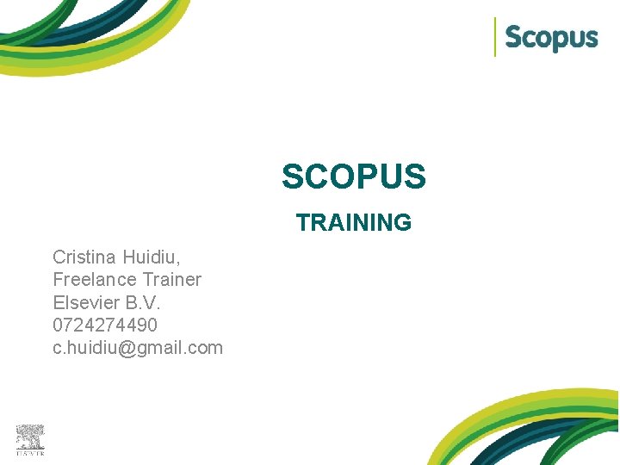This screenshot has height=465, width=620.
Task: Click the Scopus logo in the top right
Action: coord(550,38)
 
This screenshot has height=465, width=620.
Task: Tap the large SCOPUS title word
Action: coord(353,177)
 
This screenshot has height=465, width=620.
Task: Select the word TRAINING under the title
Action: coord(353,223)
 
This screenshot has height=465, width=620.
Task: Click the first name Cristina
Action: coord(84,257)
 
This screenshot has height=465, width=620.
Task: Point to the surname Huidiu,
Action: coord(152,257)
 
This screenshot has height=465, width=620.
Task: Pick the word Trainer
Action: coord(172,280)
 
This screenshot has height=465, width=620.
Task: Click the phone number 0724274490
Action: coord(105,325)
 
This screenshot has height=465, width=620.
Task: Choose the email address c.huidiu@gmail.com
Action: coord(138,349)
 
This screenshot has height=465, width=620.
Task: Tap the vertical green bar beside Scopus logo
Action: coord(495,37)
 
